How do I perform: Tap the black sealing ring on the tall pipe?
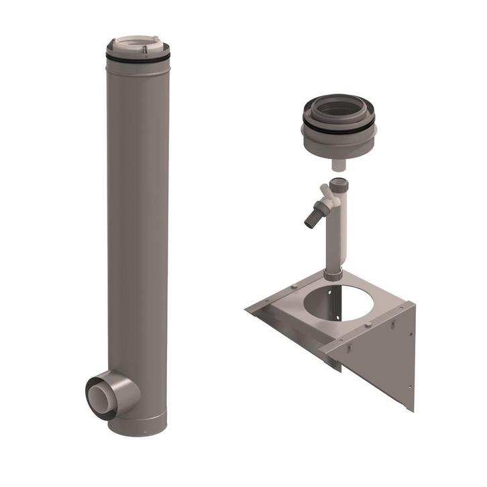click(x=138, y=60)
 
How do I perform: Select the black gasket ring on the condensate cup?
click(x=339, y=128)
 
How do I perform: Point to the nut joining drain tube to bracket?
click(x=333, y=274)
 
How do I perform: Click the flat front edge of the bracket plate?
click(x=288, y=332)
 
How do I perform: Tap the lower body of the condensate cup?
click(x=339, y=144)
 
